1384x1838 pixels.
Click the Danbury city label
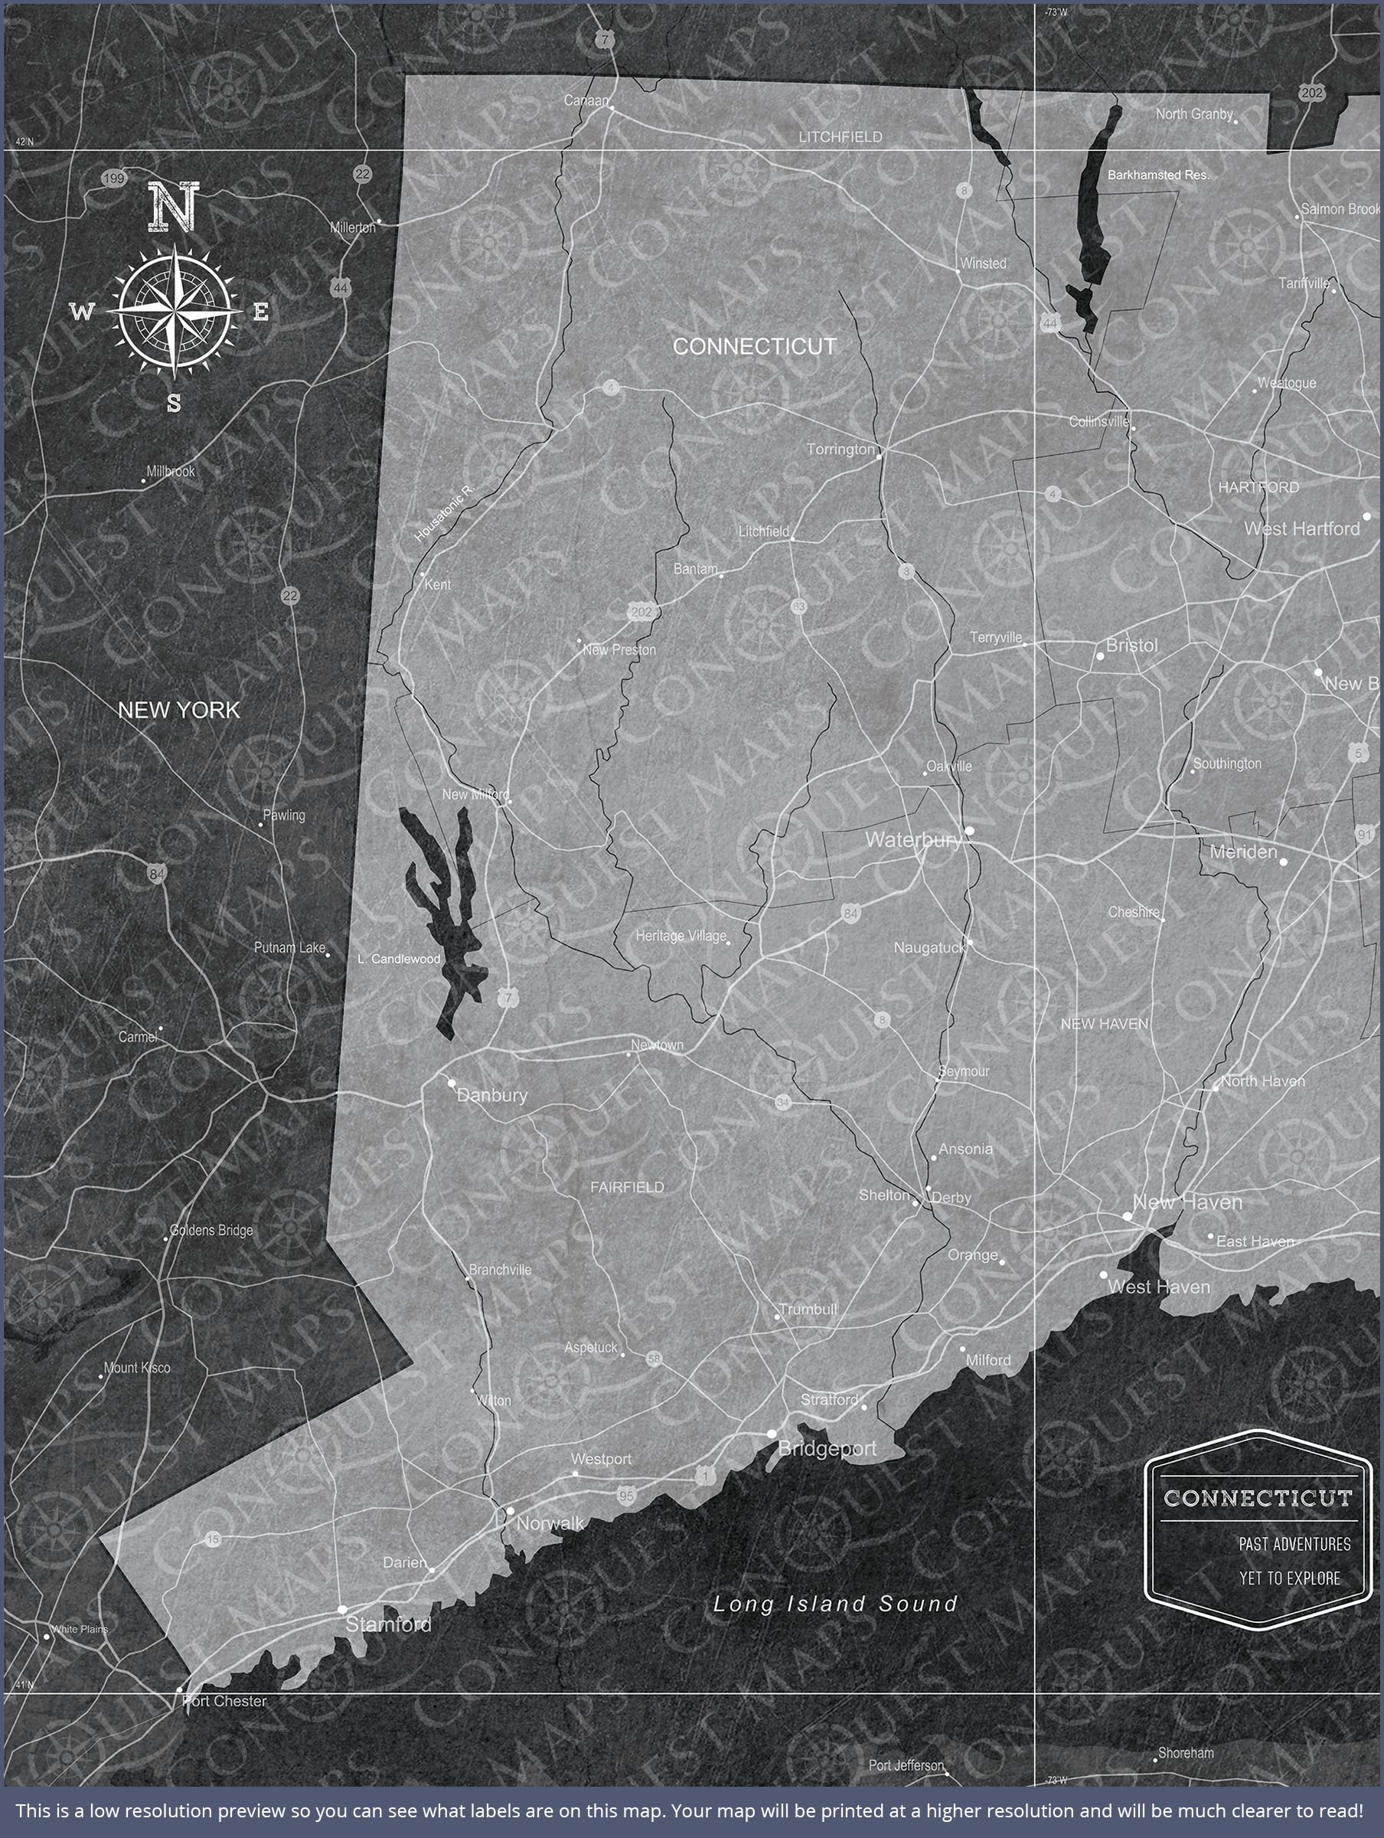tap(491, 1095)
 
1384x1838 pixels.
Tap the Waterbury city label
tap(913, 840)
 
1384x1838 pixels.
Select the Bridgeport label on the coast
tap(827, 1449)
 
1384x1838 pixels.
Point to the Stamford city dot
tap(341, 1610)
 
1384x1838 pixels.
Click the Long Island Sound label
tap(835, 1604)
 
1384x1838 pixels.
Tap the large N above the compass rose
tap(174, 207)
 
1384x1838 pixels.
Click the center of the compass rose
tap(175, 312)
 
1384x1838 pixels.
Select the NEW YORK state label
tap(178, 711)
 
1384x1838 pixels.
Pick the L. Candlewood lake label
tap(399, 959)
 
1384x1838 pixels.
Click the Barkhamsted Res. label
tap(1158, 175)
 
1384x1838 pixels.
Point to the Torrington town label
tap(841, 450)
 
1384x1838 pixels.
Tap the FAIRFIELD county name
tap(627, 1187)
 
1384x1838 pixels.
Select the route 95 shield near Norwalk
tap(626, 1496)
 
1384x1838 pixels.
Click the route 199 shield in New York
tap(114, 178)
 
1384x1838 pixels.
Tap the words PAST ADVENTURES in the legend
tap(1294, 1544)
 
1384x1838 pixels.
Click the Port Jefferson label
tap(906, 1765)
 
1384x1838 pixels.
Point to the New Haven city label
tap(1187, 1202)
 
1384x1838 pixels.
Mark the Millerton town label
tap(352, 227)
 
